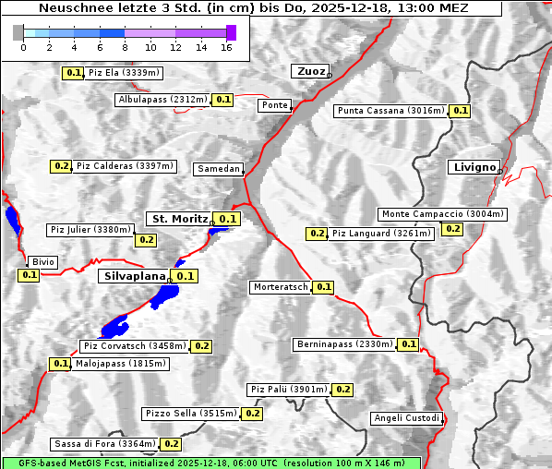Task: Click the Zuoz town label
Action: point(308,71)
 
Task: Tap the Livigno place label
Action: point(474,167)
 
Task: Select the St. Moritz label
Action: point(179,219)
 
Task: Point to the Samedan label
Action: point(219,169)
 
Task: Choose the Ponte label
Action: point(274,105)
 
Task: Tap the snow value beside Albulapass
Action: point(222,99)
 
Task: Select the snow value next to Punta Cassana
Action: point(461,111)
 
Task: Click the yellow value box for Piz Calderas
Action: point(62,166)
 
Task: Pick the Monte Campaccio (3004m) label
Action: point(442,214)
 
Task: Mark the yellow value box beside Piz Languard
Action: point(318,234)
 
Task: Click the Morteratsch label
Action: point(280,287)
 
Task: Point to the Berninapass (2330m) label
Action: point(344,344)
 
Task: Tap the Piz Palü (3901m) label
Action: point(288,390)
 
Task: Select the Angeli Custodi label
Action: point(406,418)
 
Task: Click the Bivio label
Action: point(42,262)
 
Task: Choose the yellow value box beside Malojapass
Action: point(61,364)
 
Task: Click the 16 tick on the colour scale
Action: point(227,46)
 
